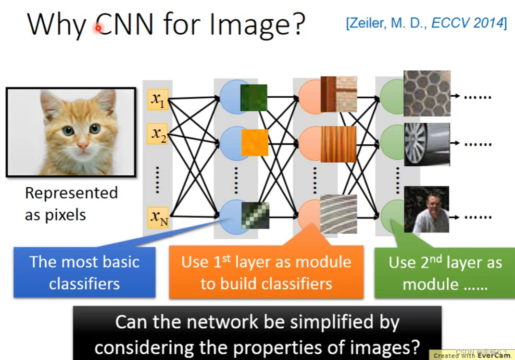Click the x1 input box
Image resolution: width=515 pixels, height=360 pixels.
point(158,99)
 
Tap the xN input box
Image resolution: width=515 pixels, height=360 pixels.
point(158,218)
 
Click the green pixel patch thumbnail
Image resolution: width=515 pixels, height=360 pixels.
point(253,98)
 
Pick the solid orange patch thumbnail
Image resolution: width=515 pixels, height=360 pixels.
point(254,143)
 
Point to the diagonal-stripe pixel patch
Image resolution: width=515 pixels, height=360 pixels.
point(255,215)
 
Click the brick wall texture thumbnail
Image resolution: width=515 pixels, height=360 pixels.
point(339,94)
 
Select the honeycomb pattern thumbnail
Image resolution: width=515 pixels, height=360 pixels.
point(427,93)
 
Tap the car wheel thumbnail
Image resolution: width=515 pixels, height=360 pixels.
point(427,144)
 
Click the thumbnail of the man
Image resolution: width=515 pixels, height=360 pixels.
point(427,209)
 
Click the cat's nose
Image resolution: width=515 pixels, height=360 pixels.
point(83,144)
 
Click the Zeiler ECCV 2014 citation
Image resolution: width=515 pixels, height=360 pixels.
point(426,23)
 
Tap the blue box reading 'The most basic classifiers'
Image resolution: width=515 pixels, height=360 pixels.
point(84,272)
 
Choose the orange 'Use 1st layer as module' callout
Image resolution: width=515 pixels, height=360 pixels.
point(266,272)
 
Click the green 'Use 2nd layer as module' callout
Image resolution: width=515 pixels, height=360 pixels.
point(445,273)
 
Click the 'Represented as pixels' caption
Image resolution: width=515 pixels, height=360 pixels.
point(71,204)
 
